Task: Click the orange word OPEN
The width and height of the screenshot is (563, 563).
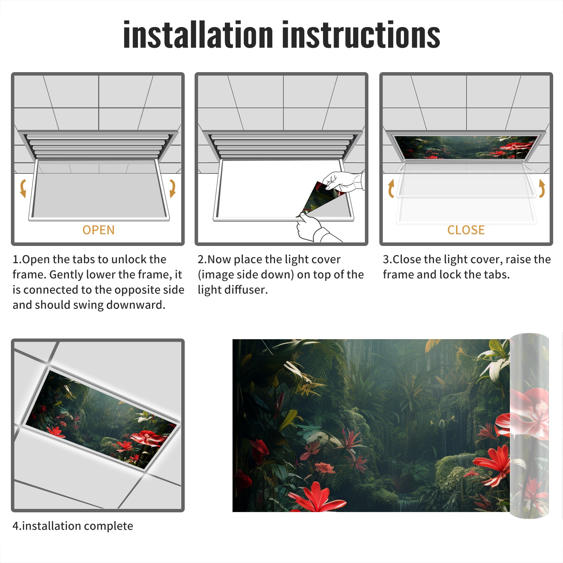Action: [99, 230]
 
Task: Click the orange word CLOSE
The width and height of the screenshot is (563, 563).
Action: [466, 230]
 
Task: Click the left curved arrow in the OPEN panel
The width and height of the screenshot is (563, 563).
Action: [23, 188]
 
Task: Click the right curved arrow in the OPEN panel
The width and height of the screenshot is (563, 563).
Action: [172, 188]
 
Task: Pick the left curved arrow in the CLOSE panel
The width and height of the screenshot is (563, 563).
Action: [391, 188]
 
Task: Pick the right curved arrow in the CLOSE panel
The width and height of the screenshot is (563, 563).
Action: [542, 188]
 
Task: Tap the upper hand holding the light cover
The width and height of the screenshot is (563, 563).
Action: [343, 181]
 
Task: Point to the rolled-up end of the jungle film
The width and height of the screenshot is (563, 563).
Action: [529, 426]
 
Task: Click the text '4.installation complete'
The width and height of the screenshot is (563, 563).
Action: [73, 526]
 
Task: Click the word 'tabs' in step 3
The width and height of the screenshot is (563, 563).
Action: [496, 274]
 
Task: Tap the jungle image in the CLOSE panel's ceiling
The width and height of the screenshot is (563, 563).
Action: [466, 147]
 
